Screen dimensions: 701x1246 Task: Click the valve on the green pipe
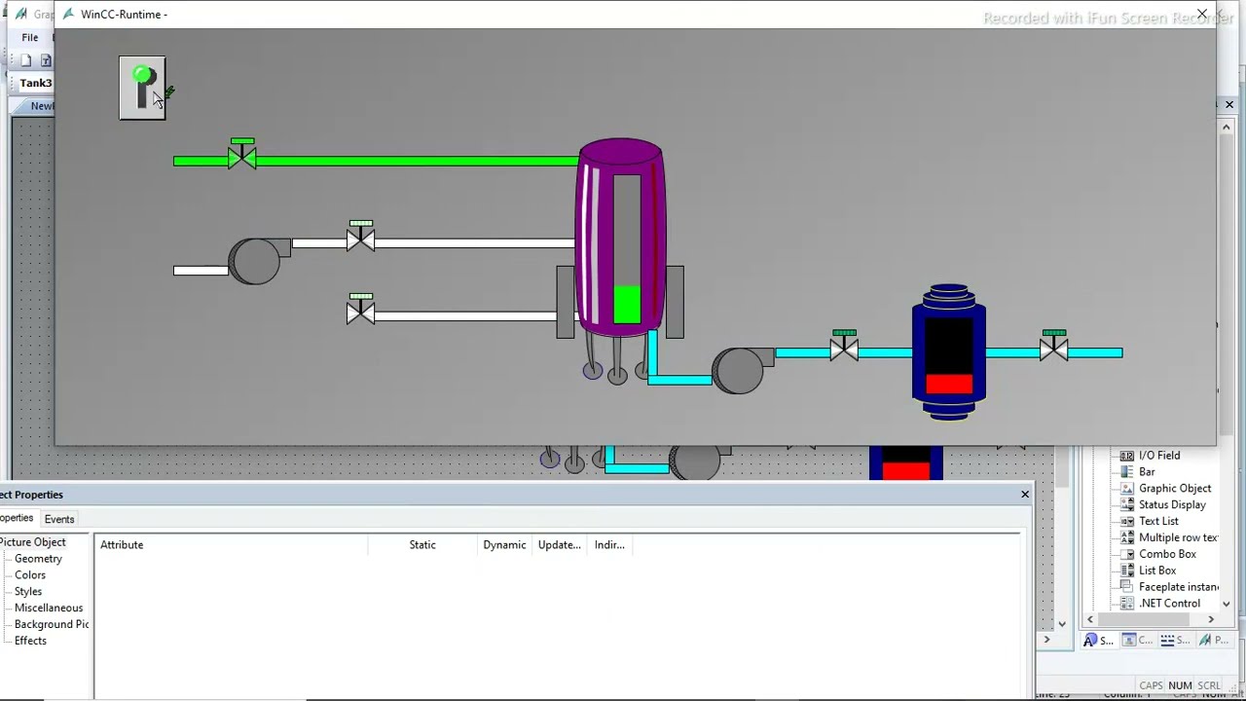241,158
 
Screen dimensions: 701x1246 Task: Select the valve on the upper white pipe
360,240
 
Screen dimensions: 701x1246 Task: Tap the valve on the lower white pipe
360,312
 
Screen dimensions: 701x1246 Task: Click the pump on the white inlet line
255,261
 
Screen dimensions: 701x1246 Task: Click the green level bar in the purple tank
627,304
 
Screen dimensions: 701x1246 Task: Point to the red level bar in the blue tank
948,384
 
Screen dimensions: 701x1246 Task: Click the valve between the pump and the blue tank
844,349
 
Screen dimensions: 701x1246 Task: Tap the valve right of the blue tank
1053,349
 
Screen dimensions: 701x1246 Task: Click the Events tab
59,519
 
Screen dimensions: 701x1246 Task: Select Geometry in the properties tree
38,559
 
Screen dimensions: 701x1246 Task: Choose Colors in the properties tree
30,575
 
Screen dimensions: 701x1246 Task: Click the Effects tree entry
30,641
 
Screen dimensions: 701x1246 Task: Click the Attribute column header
122,545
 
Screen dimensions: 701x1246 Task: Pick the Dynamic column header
504,545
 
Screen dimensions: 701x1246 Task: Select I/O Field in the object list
1158,456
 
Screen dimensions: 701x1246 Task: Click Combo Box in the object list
1167,554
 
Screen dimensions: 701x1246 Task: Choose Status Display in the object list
1172,505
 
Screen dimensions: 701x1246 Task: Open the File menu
30,38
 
